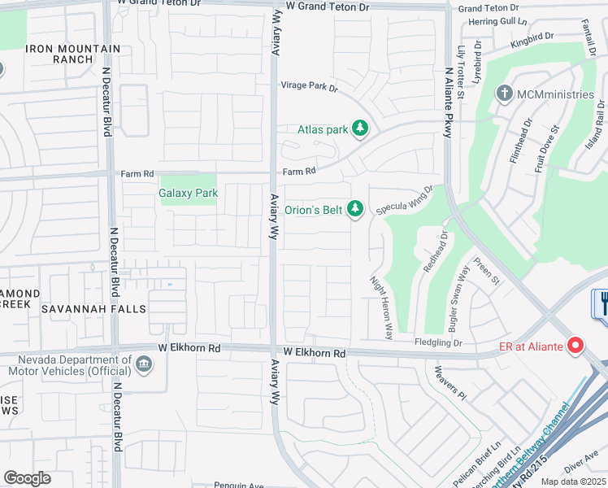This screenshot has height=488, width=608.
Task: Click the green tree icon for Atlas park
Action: click(360, 129)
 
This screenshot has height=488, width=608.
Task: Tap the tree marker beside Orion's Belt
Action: click(355, 210)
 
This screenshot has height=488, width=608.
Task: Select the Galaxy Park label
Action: click(189, 194)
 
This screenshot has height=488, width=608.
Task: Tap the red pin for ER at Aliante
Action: click(576, 347)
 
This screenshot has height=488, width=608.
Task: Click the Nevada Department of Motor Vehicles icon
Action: click(144, 363)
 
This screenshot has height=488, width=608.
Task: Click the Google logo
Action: click(28, 478)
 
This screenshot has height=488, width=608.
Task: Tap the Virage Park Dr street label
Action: click(309, 85)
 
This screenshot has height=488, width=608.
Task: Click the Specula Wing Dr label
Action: click(404, 200)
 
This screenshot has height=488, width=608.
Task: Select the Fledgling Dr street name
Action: click(438, 343)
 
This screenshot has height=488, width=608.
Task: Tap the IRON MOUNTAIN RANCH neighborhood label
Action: click(74, 54)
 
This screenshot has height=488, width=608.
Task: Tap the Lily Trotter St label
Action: click(461, 72)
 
